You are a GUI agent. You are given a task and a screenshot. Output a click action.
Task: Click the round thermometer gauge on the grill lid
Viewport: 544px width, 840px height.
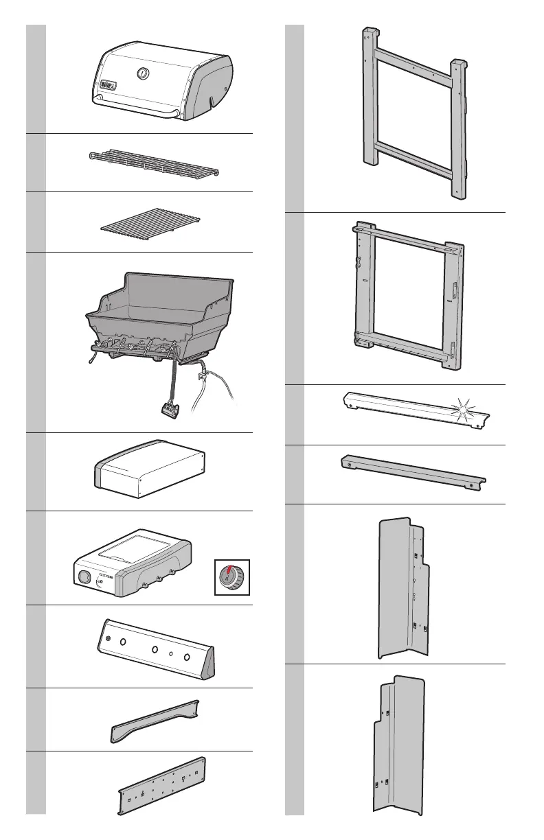144,73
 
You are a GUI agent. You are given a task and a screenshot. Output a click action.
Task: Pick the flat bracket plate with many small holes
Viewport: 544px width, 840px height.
162,786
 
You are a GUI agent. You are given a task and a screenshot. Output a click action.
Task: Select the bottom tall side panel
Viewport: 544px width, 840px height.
402,745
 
